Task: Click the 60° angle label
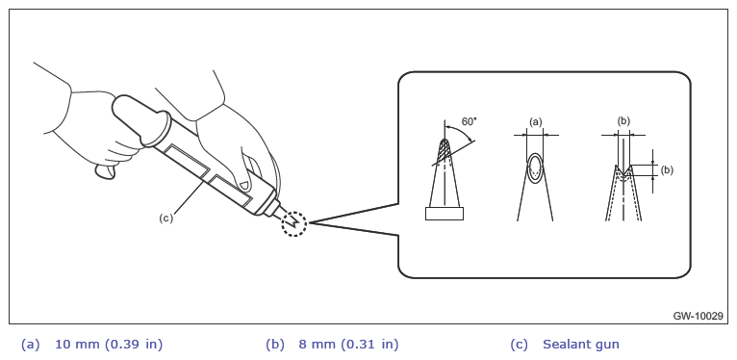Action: tap(470, 121)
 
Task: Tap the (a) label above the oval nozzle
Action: tap(535, 121)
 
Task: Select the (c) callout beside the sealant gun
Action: tap(165, 219)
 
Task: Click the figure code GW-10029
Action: tap(698, 317)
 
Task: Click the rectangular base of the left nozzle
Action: tap(445, 214)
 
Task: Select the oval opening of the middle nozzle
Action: tap(535, 167)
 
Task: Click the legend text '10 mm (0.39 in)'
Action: tap(109, 345)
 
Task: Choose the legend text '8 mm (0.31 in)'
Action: tap(348, 345)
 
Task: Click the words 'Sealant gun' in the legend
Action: tap(581, 345)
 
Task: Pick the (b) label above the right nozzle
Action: tap(623, 121)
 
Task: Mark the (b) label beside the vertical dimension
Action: tap(667, 170)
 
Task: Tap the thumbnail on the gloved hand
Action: tap(242, 184)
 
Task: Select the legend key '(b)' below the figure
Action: tap(275, 345)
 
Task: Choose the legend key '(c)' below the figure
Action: tap(520, 345)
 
